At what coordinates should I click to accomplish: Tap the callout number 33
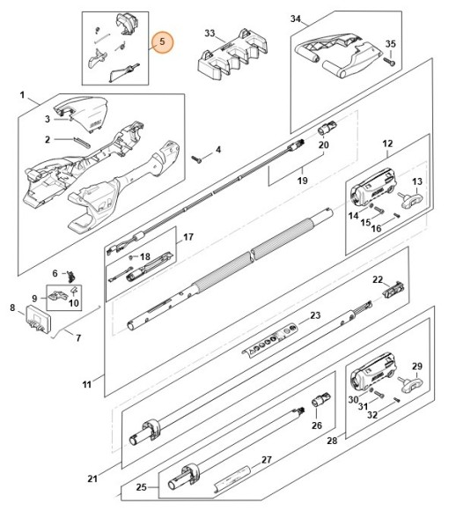(210, 33)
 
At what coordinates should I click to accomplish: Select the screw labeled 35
(389, 62)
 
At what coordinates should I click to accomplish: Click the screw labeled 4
(196, 159)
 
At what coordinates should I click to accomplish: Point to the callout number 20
(323, 144)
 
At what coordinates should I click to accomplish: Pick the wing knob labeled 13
(411, 199)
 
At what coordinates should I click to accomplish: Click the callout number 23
(315, 315)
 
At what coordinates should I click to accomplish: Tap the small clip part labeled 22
(393, 289)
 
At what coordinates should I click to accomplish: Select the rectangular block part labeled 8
(39, 319)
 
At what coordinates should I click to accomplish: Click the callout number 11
(86, 384)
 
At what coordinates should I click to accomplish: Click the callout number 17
(188, 237)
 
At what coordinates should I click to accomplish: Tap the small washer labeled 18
(131, 257)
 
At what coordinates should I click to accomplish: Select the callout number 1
(22, 95)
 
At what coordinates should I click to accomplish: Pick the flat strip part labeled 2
(80, 142)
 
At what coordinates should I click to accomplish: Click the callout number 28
(332, 441)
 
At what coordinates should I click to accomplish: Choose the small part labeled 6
(70, 277)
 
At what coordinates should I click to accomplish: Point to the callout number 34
(296, 19)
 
